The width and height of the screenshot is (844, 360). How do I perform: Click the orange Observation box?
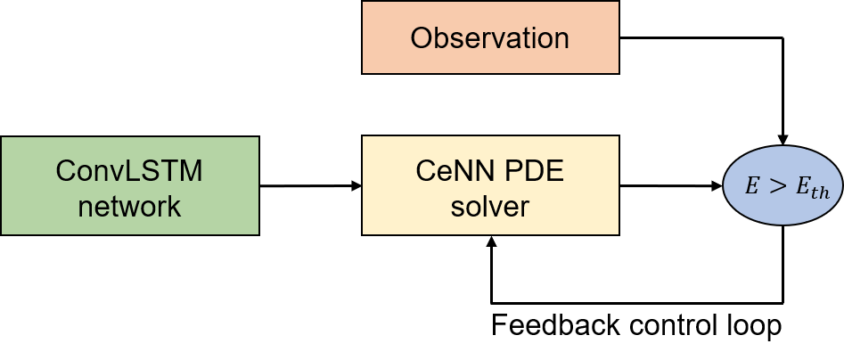click(x=490, y=37)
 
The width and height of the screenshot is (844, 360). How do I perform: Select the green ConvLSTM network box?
click(x=129, y=185)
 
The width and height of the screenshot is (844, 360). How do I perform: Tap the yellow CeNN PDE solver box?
click(x=490, y=185)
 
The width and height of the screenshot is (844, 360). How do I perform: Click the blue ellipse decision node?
click(x=782, y=185)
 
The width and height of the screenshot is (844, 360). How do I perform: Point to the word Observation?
click(x=489, y=38)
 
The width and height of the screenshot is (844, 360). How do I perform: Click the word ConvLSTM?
click(x=129, y=170)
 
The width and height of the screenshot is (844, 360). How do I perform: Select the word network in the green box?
click(x=129, y=207)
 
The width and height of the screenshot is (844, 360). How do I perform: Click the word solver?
click(x=490, y=207)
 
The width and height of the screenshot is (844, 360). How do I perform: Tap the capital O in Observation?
click(x=421, y=38)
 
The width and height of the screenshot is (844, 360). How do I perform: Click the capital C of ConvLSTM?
click(x=65, y=170)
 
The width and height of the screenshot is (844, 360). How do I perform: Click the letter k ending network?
click(x=175, y=207)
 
